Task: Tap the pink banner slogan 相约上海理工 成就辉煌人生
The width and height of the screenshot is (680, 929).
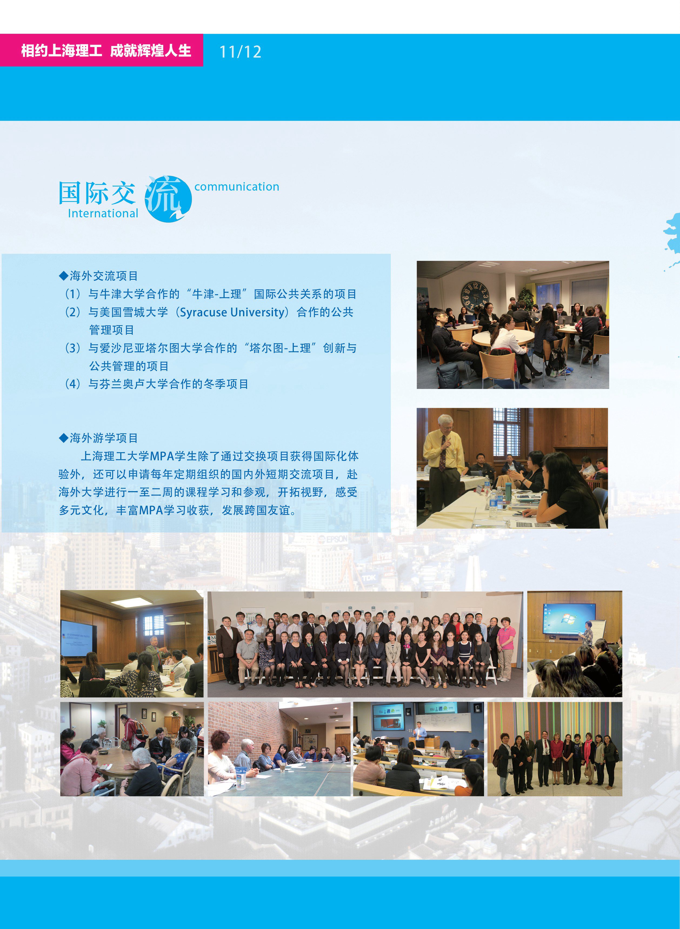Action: [x=106, y=51]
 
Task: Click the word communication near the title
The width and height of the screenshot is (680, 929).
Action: [x=237, y=187]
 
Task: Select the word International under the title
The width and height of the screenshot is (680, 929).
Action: [x=103, y=213]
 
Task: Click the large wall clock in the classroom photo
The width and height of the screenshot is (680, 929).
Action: [x=475, y=295]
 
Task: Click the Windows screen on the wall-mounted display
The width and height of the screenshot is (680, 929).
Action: [x=569, y=618]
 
